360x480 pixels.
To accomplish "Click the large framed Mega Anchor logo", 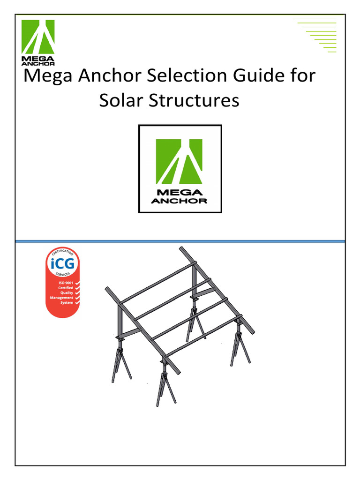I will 180,169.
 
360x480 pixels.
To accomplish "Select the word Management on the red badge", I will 61,298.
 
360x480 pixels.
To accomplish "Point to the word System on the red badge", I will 66,303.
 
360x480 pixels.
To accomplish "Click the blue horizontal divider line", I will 180,241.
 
